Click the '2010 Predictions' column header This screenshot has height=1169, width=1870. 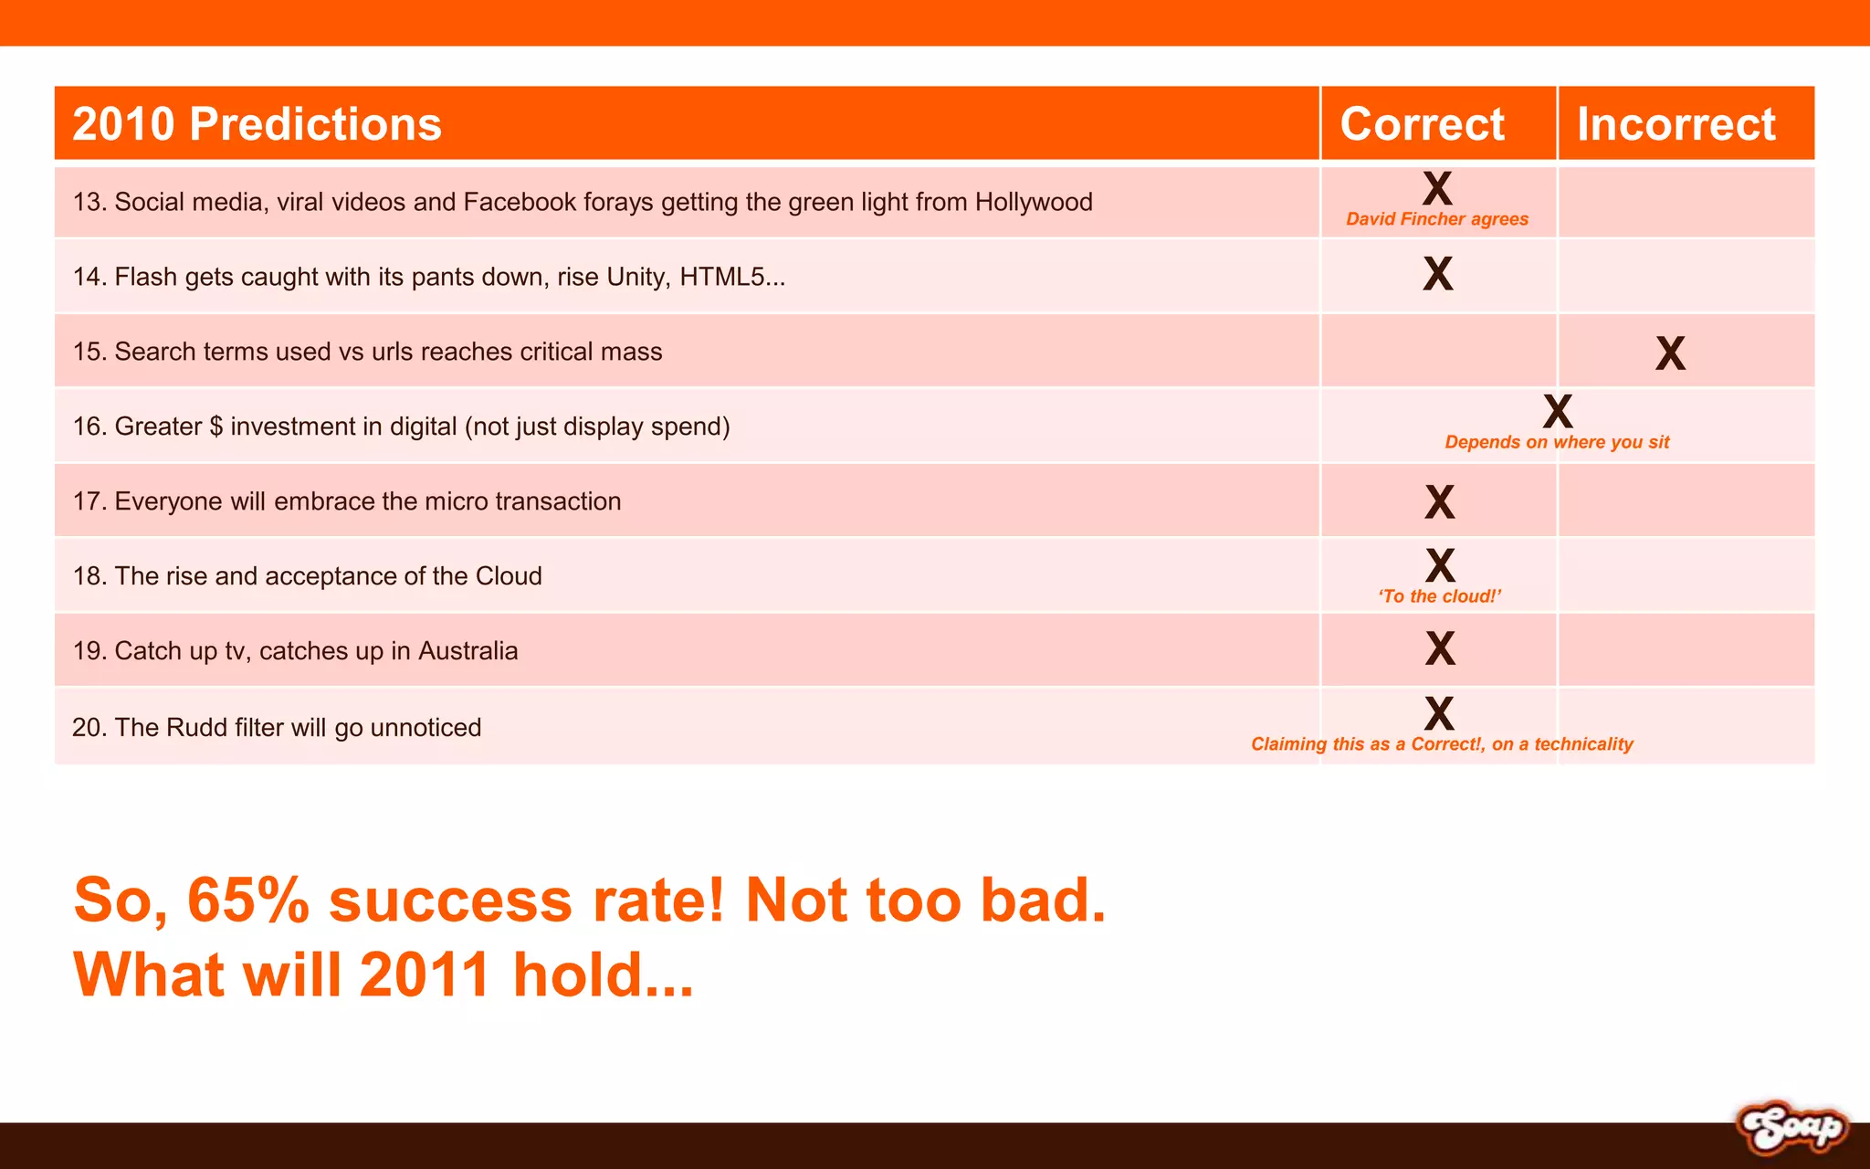[x=257, y=124]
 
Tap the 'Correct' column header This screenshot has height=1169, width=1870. [x=1422, y=124]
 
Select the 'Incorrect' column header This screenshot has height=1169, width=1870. [x=1676, y=124]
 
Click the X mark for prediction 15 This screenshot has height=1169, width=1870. [x=1670, y=353]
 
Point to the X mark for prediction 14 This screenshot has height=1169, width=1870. [x=1437, y=274]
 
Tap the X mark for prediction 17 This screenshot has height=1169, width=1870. [x=1439, y=502]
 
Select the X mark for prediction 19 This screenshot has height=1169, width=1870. [x=1440, y=648]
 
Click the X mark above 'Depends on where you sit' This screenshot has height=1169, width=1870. [x=1558, y=412]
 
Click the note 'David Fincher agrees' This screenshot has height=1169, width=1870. [x=1437, y=219]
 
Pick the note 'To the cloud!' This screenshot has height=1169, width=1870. [x=1440, y=596]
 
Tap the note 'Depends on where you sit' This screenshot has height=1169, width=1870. [x=1557, y=443]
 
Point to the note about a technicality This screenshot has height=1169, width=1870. [x=1442, y=744]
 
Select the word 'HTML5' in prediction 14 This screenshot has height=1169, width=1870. [x=731, y=277]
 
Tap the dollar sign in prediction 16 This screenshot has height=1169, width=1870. [x=216, y=427]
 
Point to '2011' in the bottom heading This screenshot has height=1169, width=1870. [x=425, y=974]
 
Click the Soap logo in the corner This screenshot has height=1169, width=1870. [x=1791, y=1129]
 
